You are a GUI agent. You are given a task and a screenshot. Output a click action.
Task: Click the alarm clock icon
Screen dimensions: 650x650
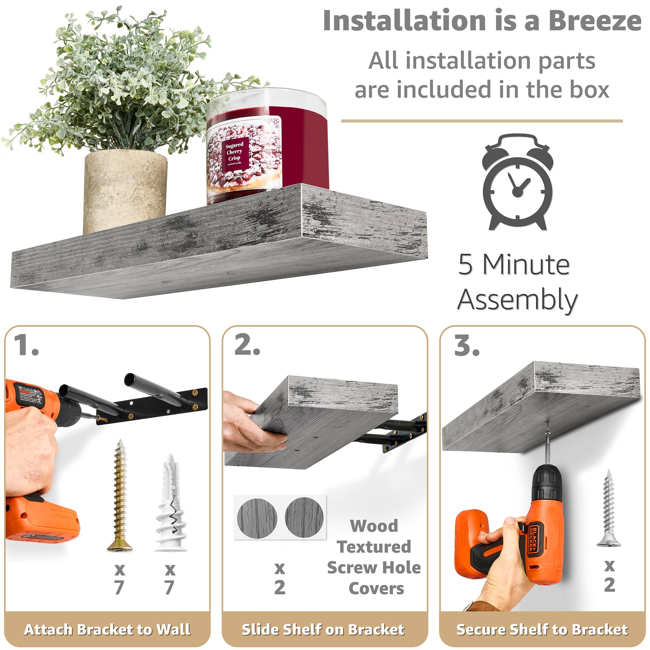click(518, 183)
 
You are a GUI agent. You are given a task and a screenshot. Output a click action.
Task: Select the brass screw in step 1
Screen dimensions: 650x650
click(120, 496)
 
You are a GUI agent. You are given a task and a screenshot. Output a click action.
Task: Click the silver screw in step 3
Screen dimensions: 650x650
click(609, 508)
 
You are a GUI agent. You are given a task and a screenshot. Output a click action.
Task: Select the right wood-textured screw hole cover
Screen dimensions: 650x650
click(304, 517)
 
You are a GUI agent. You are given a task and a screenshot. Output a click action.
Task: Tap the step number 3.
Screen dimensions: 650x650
click(467, 346)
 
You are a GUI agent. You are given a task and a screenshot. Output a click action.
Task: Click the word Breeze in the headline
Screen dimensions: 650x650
click(595, 21)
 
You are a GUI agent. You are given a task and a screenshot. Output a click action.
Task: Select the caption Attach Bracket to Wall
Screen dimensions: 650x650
click(107, 629)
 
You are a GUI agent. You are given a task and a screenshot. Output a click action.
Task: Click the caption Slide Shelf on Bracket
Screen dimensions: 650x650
click(323, 629)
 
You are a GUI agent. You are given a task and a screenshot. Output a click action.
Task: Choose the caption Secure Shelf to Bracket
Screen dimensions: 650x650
click(542, 629)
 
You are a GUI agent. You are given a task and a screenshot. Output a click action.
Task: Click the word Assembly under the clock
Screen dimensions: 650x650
click(518, 300)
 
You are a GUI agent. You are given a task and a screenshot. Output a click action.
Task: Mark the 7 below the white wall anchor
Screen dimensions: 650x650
click(169, 587)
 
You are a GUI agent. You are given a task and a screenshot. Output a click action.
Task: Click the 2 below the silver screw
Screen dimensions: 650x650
click(609, 585)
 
